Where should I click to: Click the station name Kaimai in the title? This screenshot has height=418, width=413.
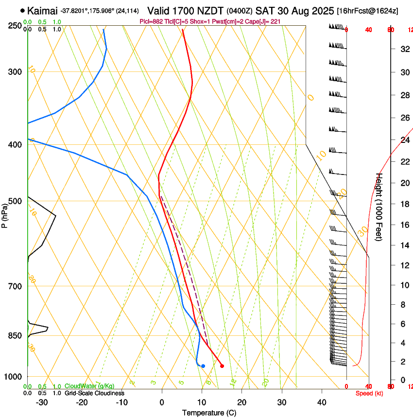coord(42,10)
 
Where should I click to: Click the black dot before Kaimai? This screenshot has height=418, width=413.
coord(22,10)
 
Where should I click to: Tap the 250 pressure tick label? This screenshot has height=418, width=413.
coord(15,25)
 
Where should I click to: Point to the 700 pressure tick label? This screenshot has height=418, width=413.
coord(15,286)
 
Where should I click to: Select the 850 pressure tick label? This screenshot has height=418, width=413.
coord(15,336)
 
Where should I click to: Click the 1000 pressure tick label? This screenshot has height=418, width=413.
coord(13,377)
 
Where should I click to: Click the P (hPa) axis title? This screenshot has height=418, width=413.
coord(4,213)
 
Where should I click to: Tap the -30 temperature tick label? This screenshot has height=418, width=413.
coord(42,402)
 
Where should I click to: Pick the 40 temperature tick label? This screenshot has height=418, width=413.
coord(322,402)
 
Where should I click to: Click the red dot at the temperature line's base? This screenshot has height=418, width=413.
coord(222,366)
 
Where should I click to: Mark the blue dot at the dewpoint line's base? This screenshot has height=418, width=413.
coord(203,366)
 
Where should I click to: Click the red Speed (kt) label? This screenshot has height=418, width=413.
coord(369,393)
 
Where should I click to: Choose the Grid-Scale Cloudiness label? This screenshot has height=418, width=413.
coord(94,393)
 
